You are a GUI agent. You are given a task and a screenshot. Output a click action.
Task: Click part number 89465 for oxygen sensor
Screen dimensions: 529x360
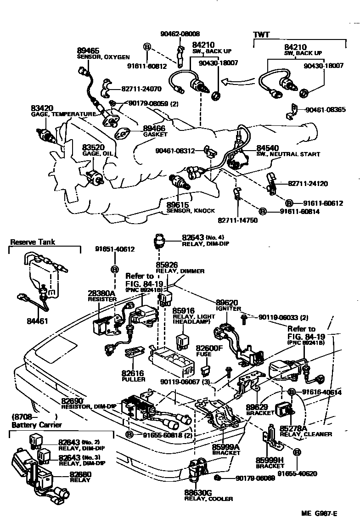pos(87,51)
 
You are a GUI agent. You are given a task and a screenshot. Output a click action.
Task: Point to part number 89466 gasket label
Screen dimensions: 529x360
pos(154,129)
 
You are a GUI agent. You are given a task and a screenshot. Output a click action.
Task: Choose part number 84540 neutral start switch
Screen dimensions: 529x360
pos(268,148)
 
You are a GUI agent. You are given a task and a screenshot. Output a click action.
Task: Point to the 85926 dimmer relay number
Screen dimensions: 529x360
pos(168,265)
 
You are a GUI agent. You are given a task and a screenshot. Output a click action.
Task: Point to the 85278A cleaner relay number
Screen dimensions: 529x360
pos(292,428)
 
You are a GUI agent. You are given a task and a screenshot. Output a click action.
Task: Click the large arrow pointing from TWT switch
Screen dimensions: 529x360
pos(235,83)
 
